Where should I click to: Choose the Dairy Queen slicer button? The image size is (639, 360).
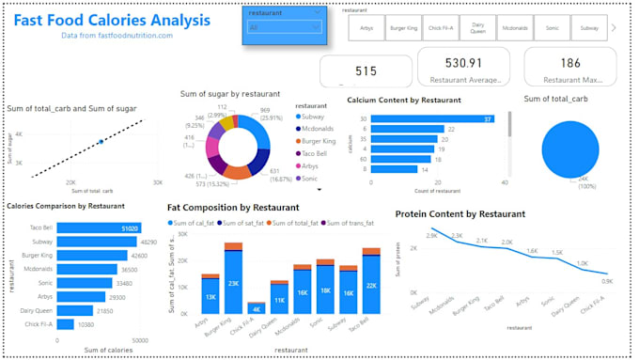(479, 29)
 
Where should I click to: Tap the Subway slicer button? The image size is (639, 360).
(587, 29)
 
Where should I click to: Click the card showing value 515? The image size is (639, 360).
(366, 70)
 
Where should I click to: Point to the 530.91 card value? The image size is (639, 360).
(463, 64)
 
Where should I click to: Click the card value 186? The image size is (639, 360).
(569, 64)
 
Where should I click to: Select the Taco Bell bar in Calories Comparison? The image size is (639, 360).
(99, 227)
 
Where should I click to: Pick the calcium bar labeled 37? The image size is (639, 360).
(433, 119)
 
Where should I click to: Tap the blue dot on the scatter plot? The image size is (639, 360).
(100, 142)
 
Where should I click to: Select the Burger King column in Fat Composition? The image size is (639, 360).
(232, 279)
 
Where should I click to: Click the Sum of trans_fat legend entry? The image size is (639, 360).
(350, 223)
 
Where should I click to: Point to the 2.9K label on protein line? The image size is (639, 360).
(431, 236)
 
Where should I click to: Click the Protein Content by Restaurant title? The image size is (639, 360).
(460, 213)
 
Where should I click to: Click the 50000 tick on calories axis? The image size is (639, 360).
(140, 339)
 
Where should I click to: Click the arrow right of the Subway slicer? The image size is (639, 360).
(615, 28)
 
